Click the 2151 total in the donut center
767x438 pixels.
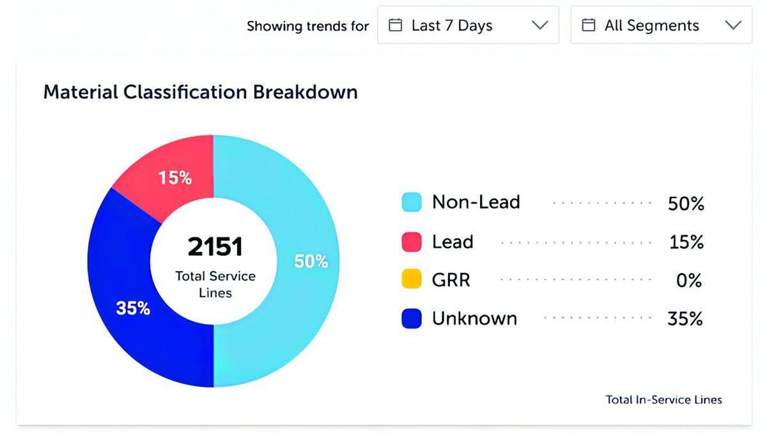tap(215, 247)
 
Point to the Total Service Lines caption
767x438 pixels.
tap(215, 285)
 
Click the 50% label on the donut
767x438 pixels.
tap(311, 262)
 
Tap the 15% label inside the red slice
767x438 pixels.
tap(175, 178)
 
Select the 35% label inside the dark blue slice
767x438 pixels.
tap(133, 308)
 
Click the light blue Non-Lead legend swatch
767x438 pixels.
tap(412, 203)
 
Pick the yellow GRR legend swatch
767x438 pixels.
tap(412, 279)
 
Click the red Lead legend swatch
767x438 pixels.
tap(412, 242)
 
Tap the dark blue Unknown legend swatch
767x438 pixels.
tap(412, 318)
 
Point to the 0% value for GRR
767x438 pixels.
tap(689, 281)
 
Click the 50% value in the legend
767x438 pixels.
tap(686, 204)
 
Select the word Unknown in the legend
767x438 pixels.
tap(474, 318)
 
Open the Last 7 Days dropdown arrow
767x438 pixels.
tap(540, 26)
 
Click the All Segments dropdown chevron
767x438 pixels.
tap(733, 26)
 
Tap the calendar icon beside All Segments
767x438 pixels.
tap(589, 26)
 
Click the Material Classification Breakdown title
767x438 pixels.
tap(200, 92)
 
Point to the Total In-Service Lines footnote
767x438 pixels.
tap(663, 400)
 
